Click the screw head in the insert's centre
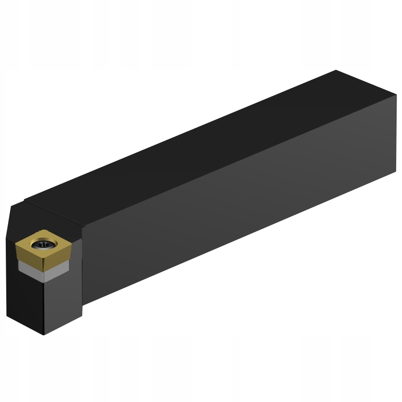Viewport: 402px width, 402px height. (x=43, y=244)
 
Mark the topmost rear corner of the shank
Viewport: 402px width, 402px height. (x=335, y=70)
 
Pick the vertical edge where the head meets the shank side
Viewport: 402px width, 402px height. (x=83, y=268)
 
